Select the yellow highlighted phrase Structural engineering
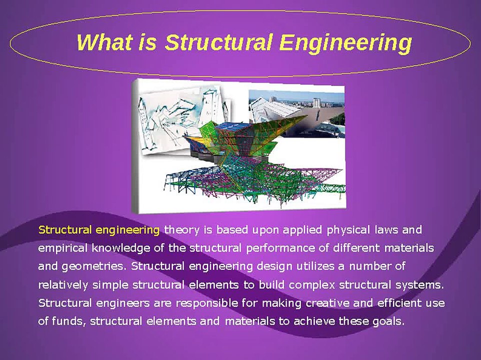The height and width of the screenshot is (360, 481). point(99,230)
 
